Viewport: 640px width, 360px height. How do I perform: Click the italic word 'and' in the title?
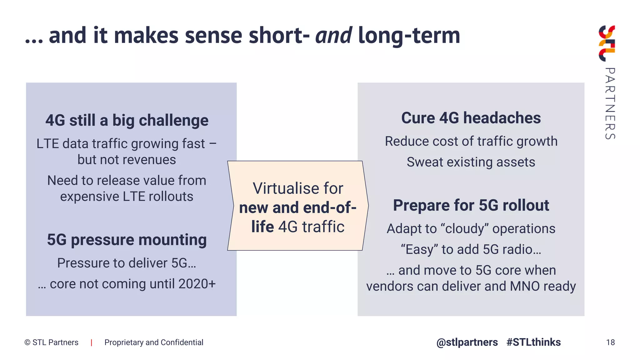pyautogui.click(x=333, y=35)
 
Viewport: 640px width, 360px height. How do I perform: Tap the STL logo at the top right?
pyautogui.click(x=607, y=43)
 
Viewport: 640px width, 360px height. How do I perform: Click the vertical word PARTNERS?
pyautogui.click(x=610, y=103)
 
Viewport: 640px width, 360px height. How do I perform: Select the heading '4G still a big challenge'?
pyautogui.click(x=127, y=120)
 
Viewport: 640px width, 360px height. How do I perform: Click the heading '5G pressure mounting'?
pyautogui.click(x=127, y=240)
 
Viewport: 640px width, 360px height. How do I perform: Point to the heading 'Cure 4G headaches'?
pyautogui.click(x=471, y=118)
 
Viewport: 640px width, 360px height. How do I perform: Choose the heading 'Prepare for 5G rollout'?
pyautogui.click(x=471, y=205)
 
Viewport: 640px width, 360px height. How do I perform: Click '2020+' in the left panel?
pyautogui.click(x=197, y=284)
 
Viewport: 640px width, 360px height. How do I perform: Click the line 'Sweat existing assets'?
pyautogui.click(x=471, y=162)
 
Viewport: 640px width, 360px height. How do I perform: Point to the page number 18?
pyautogui.click(x=610, y=342)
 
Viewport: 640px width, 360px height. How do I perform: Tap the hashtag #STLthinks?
pyautogui.click(x=533, y=342)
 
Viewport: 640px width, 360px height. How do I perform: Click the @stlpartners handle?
pyautogui.click(x=467, y=342)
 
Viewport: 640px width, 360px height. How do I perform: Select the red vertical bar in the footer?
pyautogui.click(x=91, y=342)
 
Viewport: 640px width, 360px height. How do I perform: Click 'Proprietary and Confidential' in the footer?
pyautogui.click(x=154, y=342)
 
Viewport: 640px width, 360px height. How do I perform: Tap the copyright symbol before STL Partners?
pyautogui.click(x=27, y=342)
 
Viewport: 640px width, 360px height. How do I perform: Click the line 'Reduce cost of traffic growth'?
pyautogui.click(x=471, y=141)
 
